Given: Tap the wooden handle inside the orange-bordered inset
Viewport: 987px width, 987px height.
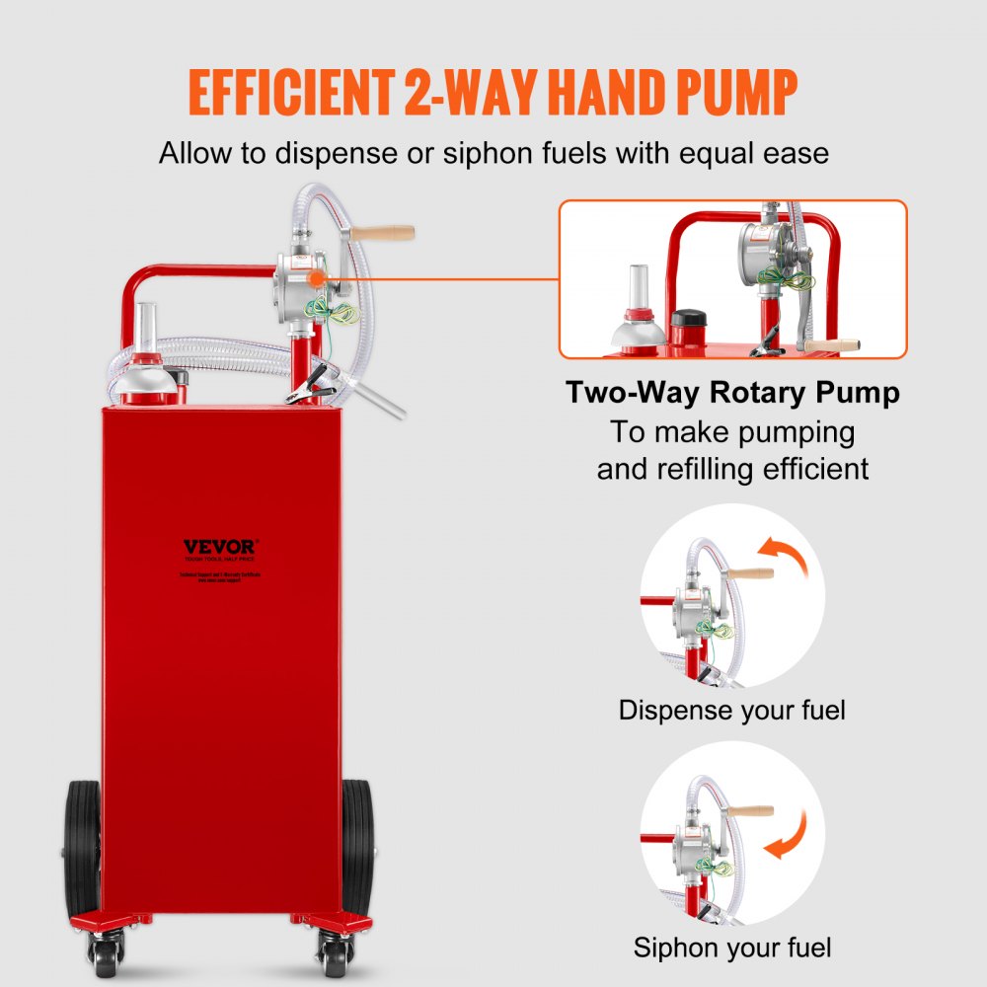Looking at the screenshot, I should coord(828,346).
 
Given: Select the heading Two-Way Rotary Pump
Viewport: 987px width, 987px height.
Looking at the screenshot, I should coord(732,393).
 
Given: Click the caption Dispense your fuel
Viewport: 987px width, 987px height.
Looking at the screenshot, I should coord(731,710).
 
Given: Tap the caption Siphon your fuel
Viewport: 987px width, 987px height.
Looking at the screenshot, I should coord(731,949).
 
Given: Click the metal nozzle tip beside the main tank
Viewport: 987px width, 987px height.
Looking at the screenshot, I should coord(391,406).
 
